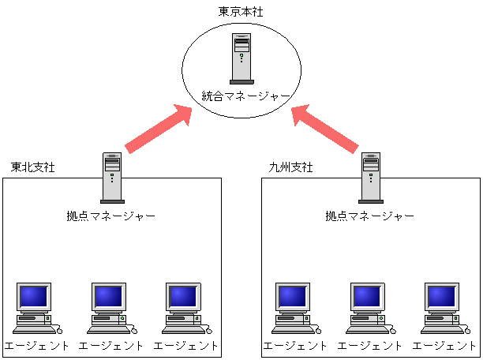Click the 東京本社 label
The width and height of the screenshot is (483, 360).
241,12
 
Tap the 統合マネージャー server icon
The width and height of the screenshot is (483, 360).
241,58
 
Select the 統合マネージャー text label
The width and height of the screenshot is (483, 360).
245,96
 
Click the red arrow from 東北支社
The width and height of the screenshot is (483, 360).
159,129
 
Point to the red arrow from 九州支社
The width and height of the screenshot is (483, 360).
325,129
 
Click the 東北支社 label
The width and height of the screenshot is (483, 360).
33,167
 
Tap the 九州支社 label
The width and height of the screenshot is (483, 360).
290,167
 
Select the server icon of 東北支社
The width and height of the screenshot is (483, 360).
112,178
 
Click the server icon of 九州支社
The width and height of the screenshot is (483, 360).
371,178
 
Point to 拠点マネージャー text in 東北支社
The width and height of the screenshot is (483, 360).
111,216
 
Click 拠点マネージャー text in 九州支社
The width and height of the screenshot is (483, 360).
369,216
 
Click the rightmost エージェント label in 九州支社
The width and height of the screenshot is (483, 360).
444,346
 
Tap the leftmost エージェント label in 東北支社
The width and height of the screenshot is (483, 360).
36,346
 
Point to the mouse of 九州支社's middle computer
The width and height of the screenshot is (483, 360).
393,331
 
